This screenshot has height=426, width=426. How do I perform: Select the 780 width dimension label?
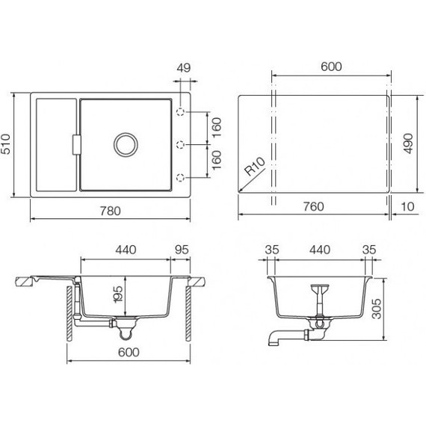point(110,211)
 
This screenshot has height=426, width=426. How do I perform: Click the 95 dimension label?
point(181,250)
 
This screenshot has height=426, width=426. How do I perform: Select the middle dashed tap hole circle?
point(180,144)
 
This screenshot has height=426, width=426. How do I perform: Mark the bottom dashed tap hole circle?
point(180,177)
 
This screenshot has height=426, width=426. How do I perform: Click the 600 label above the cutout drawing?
point(330,67)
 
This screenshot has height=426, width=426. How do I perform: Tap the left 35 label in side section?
point(271,250)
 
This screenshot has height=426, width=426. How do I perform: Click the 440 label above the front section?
point(125,250)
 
